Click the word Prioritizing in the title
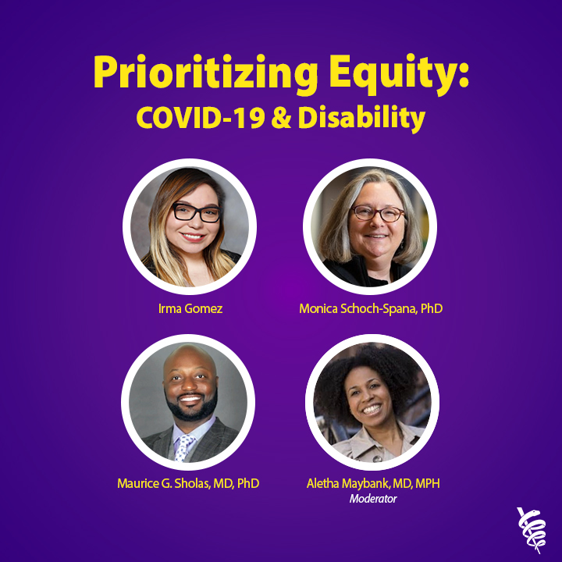click(206, 74)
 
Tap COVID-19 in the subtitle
click(201, 118)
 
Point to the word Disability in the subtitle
click(361, 119)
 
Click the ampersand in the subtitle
click(281, 118)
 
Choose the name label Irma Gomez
click(190, 308)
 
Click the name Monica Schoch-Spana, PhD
click(371, 308)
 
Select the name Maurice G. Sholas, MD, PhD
click(188, 483)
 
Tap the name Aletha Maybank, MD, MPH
click(373, 483)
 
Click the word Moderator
click(373, 499)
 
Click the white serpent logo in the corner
click(532, 530)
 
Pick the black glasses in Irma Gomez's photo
click(197, 212)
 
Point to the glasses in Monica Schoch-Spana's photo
click(378, 213)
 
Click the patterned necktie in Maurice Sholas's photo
click(183, 448)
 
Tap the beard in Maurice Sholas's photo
click(190, 407)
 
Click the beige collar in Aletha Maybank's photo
click(369, 442)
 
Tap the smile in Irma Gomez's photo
click(192, 237)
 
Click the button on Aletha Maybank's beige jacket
click(376, 458)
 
